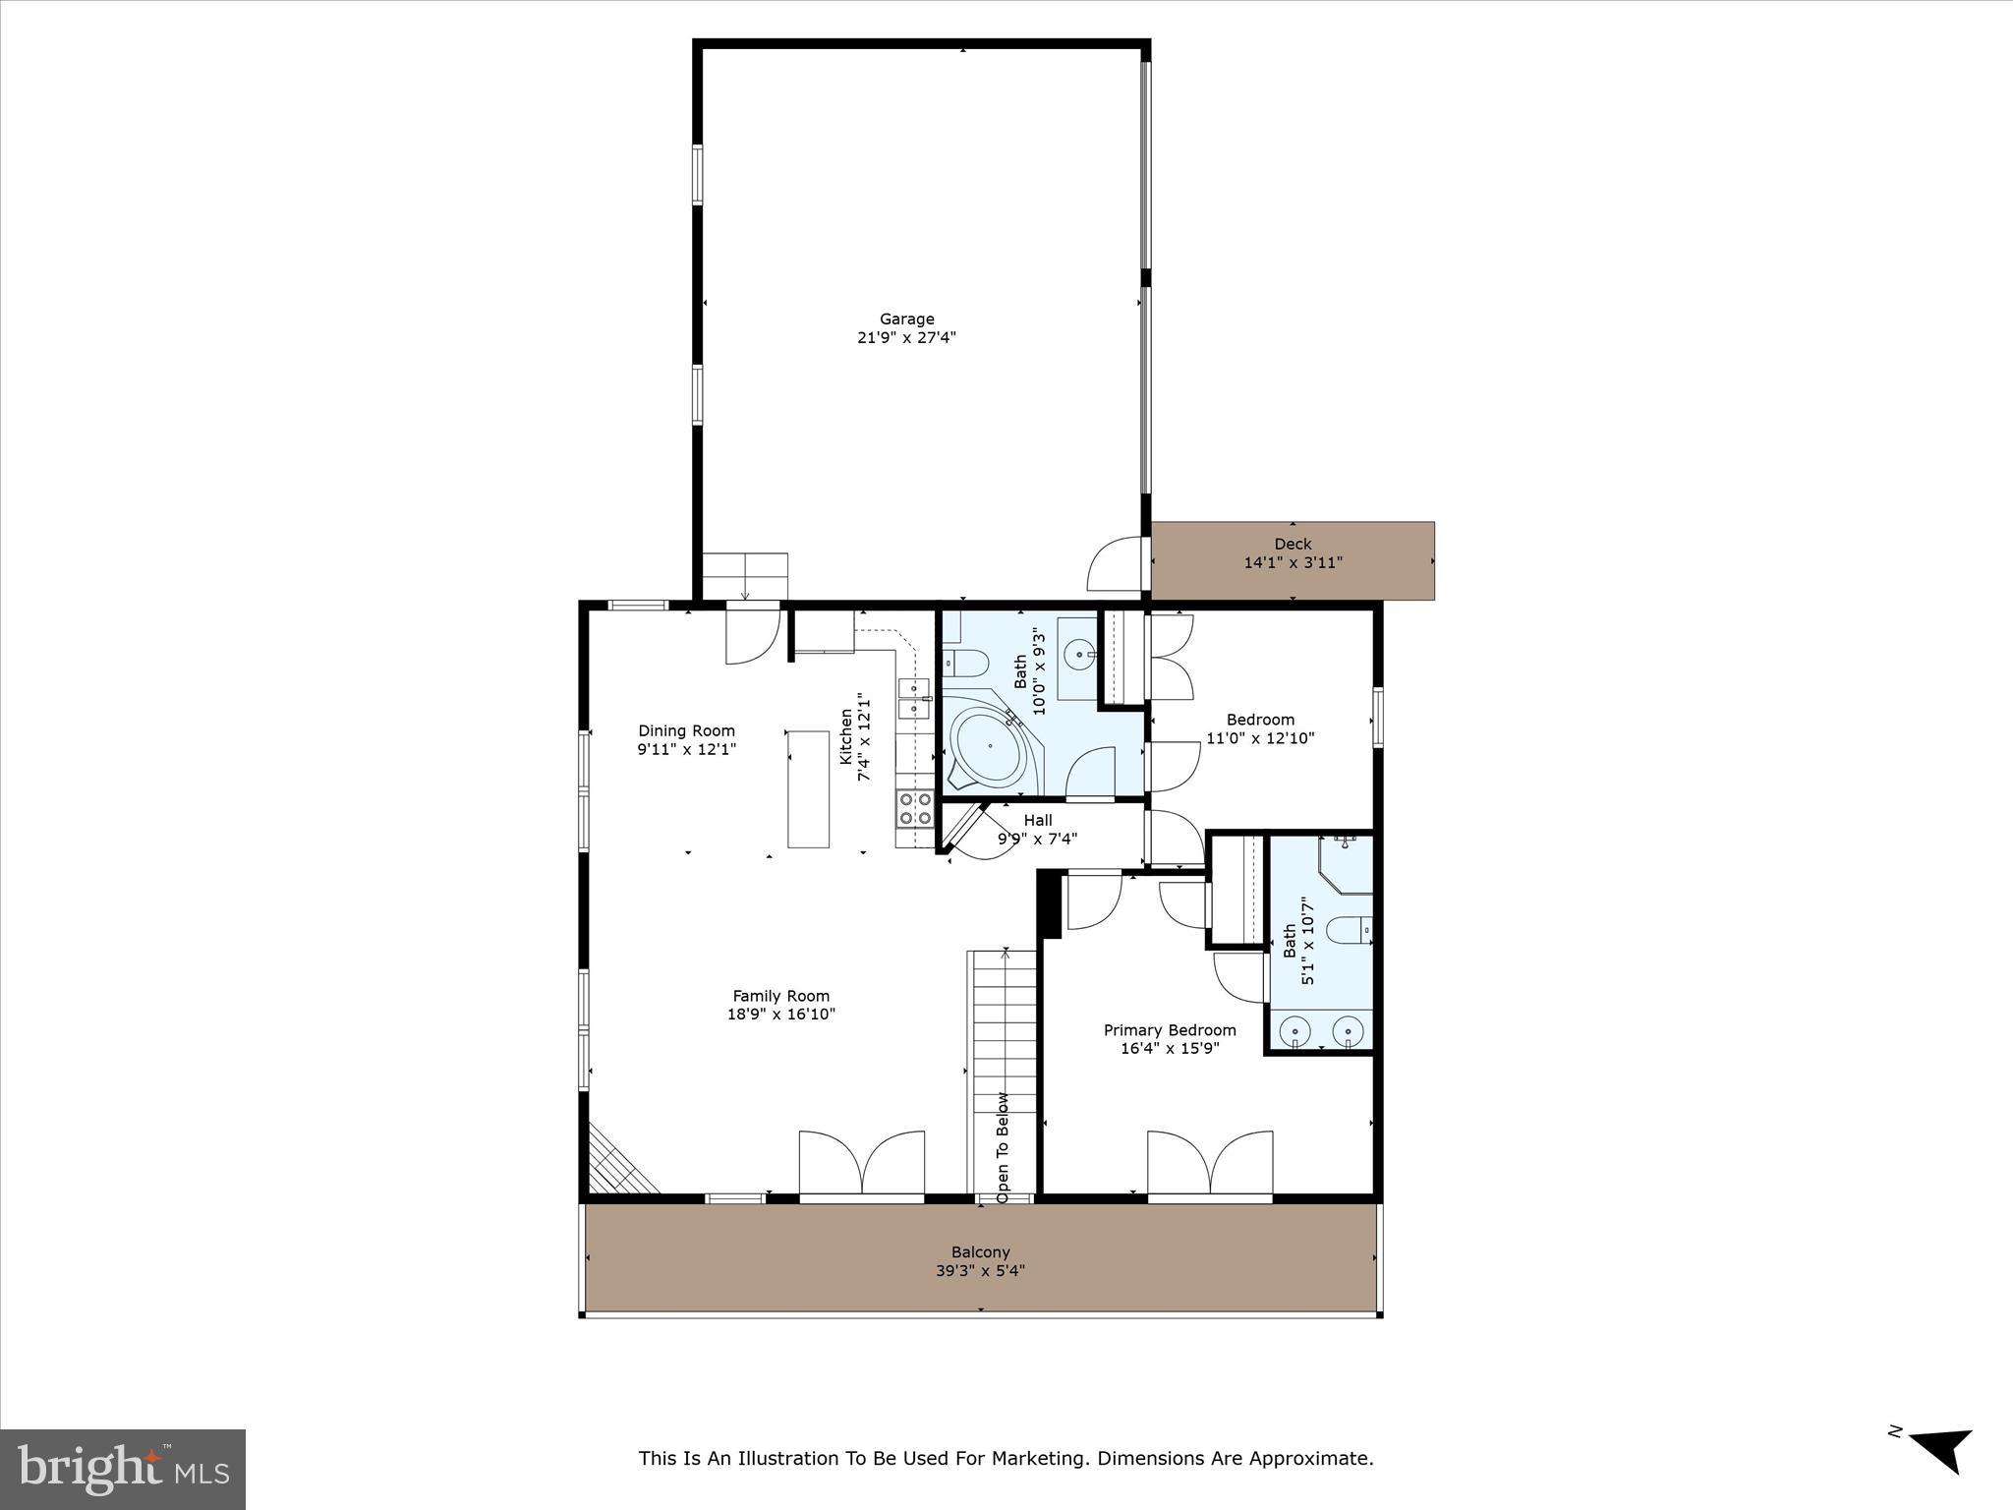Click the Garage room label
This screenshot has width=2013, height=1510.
pyautogui.click(x=906, y=319)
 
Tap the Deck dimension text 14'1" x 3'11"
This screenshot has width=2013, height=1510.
pyautogui.click(x=1293, y=563)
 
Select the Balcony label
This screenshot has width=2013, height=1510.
pyautogui.click(x=980, y=1252)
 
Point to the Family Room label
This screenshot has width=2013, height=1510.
pyautogui.click(x=780, y=996)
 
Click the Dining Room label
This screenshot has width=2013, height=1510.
pyautogui.click(x=686, y=730)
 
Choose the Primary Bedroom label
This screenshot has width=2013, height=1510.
pyautogui.click(x=1169, y=1030)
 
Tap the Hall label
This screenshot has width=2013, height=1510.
pyautogui.click(x=1037, y=820)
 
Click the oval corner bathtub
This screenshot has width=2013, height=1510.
pyautogui.click(x=986, y=748)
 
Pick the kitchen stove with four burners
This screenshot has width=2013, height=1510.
pyautogui.click(x=914, y=808)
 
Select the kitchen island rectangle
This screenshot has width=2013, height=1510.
pyautogui.click(x=808, y=788)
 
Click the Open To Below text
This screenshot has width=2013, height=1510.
pyautogui.click(x=1003, y=1147)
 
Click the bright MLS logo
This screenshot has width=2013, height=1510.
pyautogui.click(x=123, y=1470)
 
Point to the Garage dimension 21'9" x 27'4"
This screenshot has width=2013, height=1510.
pyautogui.click(x=906, y=338)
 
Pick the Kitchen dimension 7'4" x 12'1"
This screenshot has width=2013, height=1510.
pyautogui.click(x=865, y=736)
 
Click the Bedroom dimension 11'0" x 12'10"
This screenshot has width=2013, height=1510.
pyautogui.click(x=1260, y=738)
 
